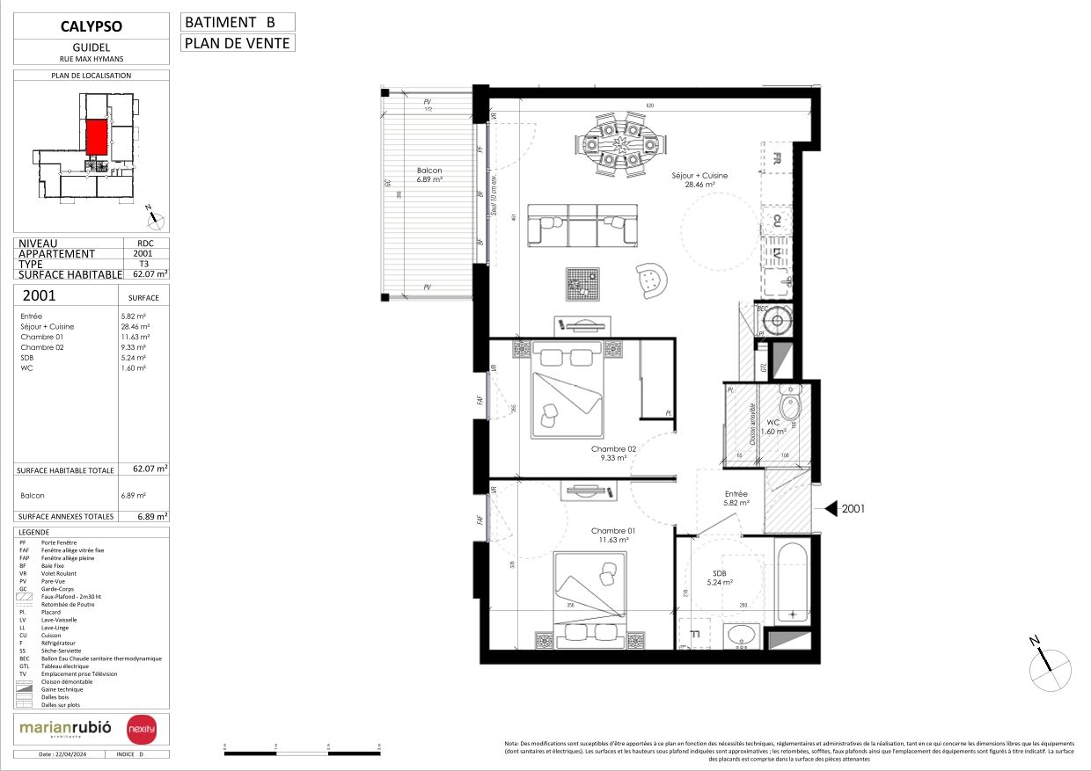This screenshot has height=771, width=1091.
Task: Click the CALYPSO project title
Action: click(x=92, y=27)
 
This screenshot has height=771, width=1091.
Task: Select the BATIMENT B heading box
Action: click(x=238, y=22)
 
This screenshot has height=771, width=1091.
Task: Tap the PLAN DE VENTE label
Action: click(x=238, y=42)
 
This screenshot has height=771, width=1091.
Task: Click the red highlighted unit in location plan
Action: click(x=97, y=138)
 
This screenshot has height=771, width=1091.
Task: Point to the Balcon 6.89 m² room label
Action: click(x=429, y=174)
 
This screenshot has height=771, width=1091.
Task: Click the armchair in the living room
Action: click(x=651, y=279)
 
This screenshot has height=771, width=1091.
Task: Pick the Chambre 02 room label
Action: click(x=613, y=453)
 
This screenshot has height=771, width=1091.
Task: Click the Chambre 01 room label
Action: click(x=613, y=535)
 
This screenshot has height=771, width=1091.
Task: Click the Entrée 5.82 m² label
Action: click(x=736, y=498)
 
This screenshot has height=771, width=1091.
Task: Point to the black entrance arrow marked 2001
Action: click(x=829, y=508)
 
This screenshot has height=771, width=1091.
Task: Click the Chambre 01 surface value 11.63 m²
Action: click(x=135, y=337)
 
